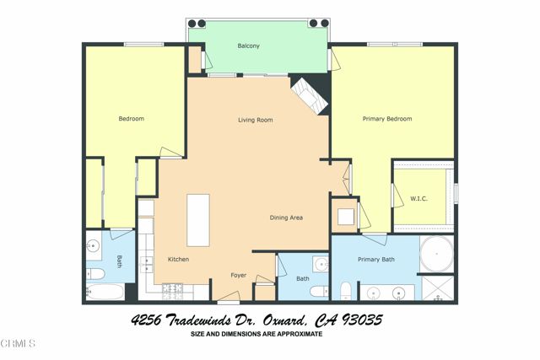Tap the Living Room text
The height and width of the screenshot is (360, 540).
pos(255,120)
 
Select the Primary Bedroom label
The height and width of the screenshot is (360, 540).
pos(387,119)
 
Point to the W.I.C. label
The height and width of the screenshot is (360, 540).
pos(418,199)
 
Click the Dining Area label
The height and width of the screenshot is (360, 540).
pos(286,218)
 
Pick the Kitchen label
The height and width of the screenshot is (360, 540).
pos(177,259)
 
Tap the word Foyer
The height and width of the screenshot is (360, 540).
pos(239,276)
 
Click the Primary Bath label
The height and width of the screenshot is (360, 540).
pos(375,259)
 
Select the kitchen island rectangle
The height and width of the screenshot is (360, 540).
pos(198,219)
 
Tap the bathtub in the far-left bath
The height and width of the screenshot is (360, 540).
pos(105,293)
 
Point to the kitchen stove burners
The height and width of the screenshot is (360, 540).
pos(172,291)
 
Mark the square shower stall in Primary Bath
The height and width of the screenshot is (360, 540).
pos(437,288)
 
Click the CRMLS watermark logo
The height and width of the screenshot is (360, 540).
pos(19,344)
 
